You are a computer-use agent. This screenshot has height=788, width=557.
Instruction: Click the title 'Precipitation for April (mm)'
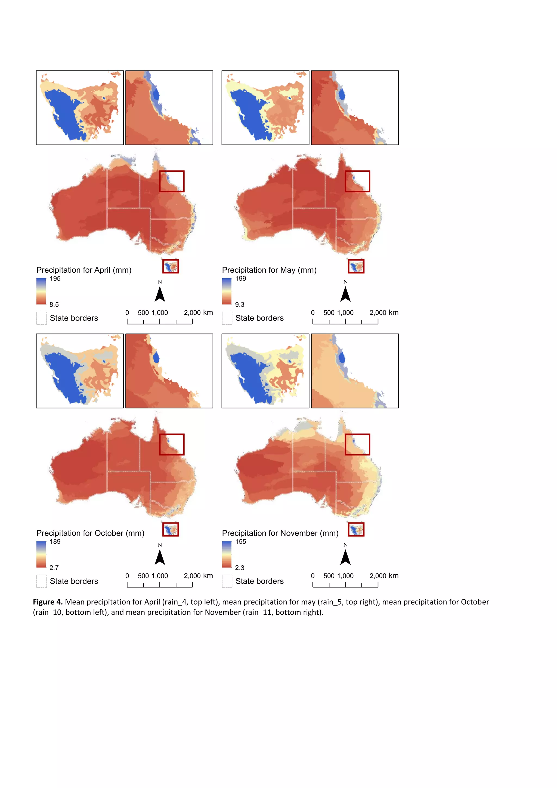tap(84, 270)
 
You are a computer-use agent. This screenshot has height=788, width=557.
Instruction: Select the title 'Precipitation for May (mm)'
tap(269, 270)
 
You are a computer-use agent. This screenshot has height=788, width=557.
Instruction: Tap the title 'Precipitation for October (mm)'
tap(90, 533)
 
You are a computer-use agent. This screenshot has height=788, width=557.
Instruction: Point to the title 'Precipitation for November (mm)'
tap(280, 533)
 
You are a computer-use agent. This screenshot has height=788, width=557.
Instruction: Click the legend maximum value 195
tap(55, 279)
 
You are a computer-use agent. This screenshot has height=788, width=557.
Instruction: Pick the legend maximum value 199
tap(240, 279)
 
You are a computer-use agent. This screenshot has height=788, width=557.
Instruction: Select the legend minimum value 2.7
tap(54, 568)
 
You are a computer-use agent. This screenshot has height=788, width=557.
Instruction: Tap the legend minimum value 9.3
tap(240, 304)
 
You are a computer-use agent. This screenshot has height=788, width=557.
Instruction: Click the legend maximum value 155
tap(240, 541)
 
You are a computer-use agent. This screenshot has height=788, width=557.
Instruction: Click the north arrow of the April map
tap(160, 294)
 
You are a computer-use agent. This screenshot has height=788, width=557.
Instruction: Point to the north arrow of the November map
tap(345, 557)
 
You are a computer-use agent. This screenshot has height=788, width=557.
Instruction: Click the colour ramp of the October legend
tap(41, 554)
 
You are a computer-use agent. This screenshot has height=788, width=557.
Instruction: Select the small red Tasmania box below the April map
tap(171, 266)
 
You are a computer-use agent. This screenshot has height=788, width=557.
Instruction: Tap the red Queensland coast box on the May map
tap(357, 181)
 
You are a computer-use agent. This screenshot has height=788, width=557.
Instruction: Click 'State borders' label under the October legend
tap(74, 581)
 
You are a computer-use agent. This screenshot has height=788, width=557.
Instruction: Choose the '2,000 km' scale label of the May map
tap(384, 313)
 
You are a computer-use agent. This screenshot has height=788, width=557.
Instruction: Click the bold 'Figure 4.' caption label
tap(48, 602)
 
